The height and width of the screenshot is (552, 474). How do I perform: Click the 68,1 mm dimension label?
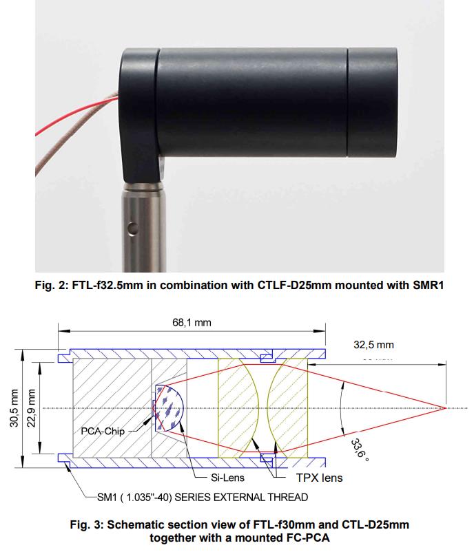[192, 323]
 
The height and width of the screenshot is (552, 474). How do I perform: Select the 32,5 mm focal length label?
[373, 345]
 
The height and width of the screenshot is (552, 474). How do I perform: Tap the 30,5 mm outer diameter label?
[14, 408]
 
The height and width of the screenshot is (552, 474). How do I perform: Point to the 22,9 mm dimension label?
[32, 408]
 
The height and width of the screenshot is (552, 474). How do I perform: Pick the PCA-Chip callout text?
[103, 431]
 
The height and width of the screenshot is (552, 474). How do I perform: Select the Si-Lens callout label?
[227, 478]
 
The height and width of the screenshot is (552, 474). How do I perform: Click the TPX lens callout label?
[319, 478]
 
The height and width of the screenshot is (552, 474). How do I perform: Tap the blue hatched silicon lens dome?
[169, 408]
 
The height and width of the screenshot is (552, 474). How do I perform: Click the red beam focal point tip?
[446, 408]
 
